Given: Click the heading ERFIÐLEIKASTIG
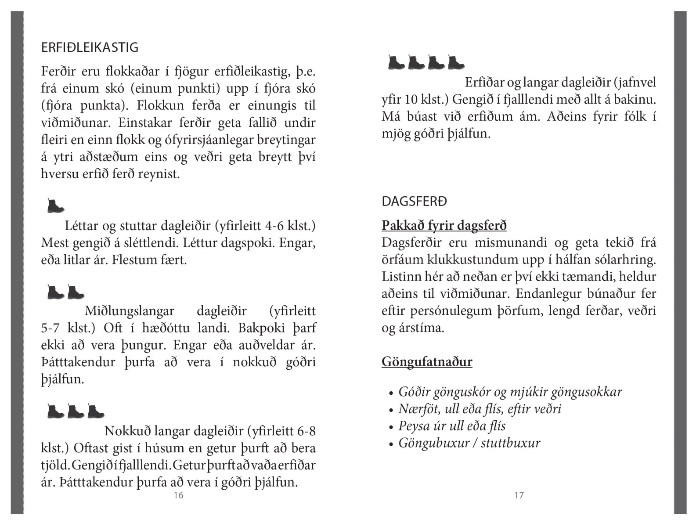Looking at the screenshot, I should click(90, 47).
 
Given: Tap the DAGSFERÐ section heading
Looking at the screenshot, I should click(414, 202).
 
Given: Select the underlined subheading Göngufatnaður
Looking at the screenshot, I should click(427, 362).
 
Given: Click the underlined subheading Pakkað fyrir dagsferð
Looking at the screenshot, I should click(444, 225).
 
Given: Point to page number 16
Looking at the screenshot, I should click(178, 495).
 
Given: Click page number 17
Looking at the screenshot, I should click(519, 495).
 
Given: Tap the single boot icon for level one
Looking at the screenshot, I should click(55, 206).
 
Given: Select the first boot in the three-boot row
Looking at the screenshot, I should click(55, 411).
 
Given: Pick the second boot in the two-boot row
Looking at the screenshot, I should click(76, 292).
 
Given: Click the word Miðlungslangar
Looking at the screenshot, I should click(130, 311).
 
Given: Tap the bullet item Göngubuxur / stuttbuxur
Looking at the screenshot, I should click(469, 443).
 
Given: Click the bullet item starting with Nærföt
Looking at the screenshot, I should click(480, 409).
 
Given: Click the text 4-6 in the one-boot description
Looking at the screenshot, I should click(274, 226).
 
